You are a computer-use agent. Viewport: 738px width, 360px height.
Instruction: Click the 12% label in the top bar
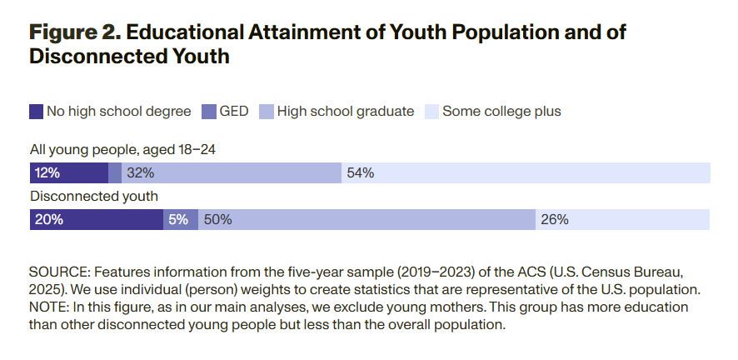(x=47, y=173)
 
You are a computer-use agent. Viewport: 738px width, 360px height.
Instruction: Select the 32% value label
(x=141, y=173)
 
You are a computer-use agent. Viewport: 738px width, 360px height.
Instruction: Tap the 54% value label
(x=361, y=173)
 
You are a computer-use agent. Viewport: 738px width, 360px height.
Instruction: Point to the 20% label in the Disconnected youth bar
(x=48, y=220)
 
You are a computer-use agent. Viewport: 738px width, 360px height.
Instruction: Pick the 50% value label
(x=217, y=220)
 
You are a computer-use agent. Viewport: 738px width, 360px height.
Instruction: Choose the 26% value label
(x=555, y=220)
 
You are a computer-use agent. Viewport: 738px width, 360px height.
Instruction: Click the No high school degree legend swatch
(x=36, y=112)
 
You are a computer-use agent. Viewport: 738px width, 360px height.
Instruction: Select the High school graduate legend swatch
(x=267, y=112)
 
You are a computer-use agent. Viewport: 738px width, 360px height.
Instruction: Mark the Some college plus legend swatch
(x=431, y=112)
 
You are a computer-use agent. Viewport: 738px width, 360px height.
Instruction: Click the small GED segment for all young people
(x=115, y=173)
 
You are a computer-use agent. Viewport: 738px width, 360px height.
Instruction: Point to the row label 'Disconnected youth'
(x=94, y=197)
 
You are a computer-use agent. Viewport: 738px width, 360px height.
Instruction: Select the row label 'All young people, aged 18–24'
(x=123, y=150)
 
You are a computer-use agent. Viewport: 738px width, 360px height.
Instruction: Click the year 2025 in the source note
(x=49, y=290)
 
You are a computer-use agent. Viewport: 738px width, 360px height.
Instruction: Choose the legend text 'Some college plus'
(x=501, y=112)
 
